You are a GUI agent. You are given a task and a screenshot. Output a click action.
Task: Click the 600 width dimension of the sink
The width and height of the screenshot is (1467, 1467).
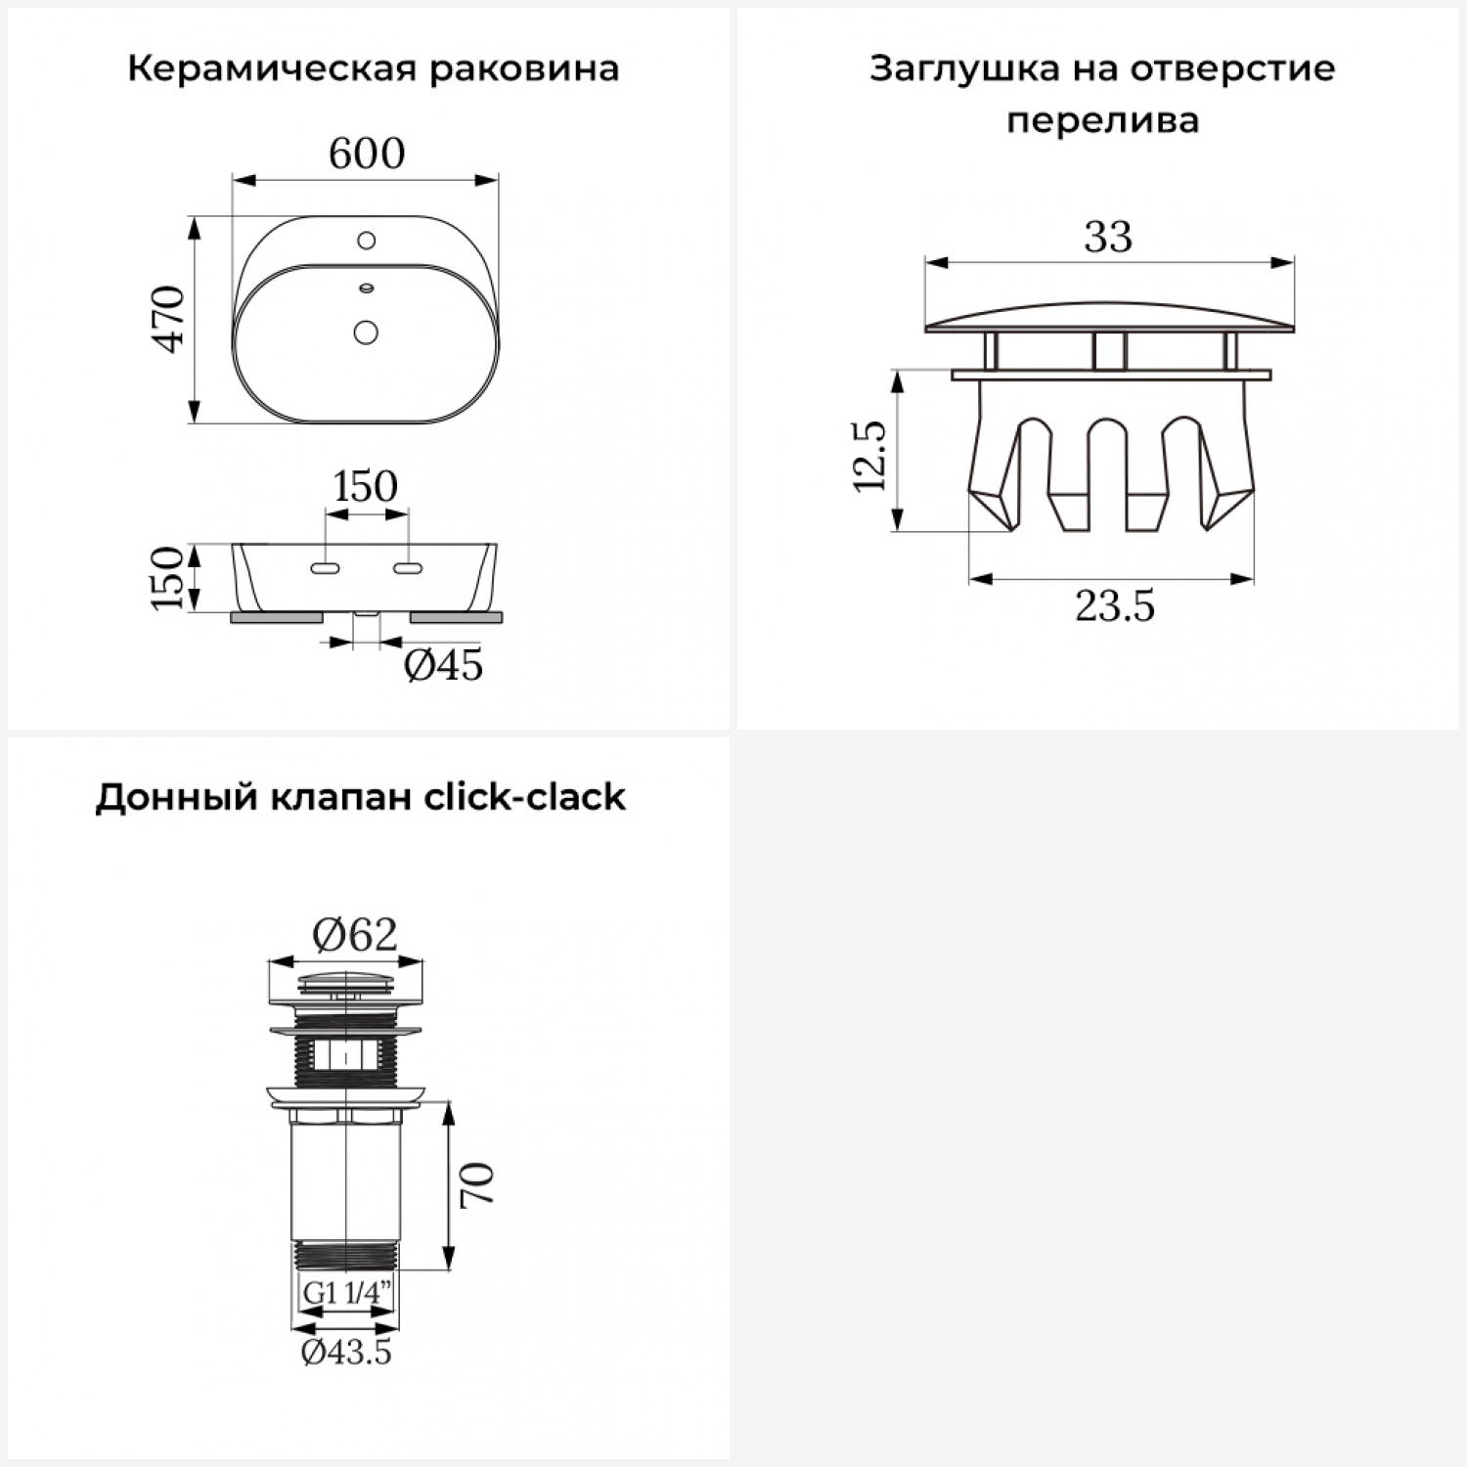click(x=367, y=154)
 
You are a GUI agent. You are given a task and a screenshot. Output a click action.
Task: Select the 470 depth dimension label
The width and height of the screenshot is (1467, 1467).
click(x=170, y=319)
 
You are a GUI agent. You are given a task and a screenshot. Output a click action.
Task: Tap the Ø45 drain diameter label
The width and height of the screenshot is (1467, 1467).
click(x=444, y=666)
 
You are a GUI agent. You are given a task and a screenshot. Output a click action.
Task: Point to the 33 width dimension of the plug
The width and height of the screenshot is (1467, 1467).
click(x=1108, y=237)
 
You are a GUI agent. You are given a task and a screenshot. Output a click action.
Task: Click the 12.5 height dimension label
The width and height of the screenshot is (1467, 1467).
click(x=869, y=456)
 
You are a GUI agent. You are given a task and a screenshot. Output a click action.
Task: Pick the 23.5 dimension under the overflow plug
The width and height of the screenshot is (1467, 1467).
click(x=1115, y=606)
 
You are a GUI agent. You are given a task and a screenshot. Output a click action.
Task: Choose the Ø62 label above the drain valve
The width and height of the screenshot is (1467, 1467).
click(x=355, y=935)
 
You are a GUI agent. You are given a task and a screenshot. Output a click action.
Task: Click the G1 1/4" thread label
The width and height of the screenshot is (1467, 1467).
click(x=347, y=1293)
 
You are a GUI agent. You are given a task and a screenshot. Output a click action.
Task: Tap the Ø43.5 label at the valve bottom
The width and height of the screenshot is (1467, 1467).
click(x=346, y=1353)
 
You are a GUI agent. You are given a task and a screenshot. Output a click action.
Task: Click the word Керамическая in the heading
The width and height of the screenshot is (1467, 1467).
click(x=271, y=69)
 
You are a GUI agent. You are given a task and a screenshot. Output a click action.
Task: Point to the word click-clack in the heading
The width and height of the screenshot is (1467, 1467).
click(x=524, y=797)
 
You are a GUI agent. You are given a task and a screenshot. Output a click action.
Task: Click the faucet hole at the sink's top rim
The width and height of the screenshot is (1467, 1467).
click(x=367, y=240)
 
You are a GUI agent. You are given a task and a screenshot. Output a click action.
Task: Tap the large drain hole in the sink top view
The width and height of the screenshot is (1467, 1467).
click(x=366, y=333)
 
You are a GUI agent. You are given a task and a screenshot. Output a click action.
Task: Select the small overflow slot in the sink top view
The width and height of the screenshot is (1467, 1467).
click(x=367, y=288)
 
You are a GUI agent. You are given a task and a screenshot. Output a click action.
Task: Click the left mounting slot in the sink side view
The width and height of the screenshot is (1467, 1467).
click(x=324, y=568)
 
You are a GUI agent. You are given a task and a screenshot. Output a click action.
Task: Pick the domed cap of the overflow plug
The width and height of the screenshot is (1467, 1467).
click(x=1109, y=316)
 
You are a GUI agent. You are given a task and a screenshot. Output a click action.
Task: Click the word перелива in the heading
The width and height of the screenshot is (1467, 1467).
click(x=1102, y=121)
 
